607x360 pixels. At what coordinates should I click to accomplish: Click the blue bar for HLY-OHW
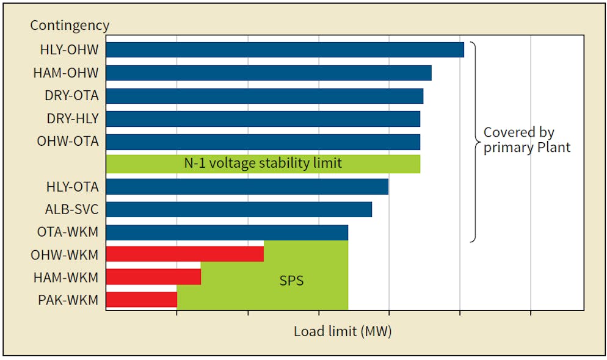point(285,50)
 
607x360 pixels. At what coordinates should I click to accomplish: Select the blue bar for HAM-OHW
point(269,73)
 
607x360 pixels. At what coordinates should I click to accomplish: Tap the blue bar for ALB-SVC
point(239,209)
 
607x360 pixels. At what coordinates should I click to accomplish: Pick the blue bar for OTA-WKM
point(227,232)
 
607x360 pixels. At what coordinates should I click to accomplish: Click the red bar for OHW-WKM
point(184,254)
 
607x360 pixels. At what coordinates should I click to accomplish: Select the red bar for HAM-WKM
point(153,277)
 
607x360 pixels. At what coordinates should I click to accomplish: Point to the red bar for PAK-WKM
point(141,300)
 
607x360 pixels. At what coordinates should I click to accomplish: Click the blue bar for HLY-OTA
point(247,187)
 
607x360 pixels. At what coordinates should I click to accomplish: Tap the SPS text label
point(291,281)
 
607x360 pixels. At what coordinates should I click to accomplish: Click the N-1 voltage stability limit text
point(263,164)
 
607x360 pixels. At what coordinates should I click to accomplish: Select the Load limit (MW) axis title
point(343,332)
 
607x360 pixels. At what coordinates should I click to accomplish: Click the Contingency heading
point(70,26)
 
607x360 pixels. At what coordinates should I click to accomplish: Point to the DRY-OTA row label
point(71,96)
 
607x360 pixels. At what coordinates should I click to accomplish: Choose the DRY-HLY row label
point(73,118)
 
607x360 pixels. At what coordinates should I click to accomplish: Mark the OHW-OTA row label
point(67,142)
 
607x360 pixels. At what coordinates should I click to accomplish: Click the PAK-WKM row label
point(67,300)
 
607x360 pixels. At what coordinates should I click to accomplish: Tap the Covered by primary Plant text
point(526,140)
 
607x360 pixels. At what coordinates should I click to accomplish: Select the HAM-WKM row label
point(65,278)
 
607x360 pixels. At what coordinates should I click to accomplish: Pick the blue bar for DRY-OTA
point(264,96)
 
